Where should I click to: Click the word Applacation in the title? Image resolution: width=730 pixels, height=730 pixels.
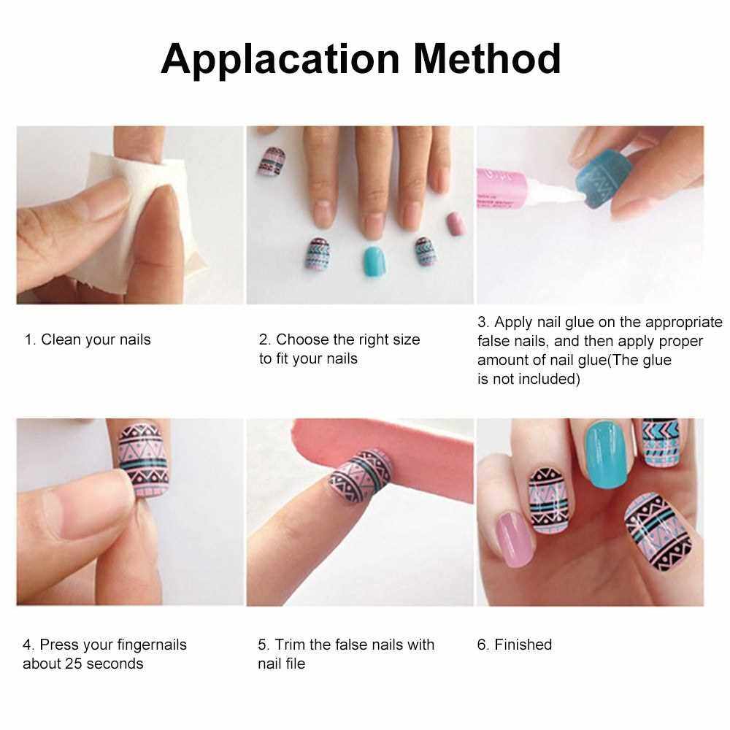click(280, 60)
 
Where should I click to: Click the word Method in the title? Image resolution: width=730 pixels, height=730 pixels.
click(487, 58)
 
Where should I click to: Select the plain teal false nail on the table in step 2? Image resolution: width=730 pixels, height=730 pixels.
click(374, 261)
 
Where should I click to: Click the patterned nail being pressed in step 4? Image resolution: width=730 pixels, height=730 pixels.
click(143, 460)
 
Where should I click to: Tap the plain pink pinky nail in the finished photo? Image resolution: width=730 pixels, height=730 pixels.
click(515, 539)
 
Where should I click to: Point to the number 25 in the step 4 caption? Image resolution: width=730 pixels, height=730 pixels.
click(74, 664)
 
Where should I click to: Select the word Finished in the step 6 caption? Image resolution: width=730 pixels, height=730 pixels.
click(523, 645)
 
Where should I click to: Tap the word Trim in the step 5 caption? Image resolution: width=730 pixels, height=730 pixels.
click(290, 645)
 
